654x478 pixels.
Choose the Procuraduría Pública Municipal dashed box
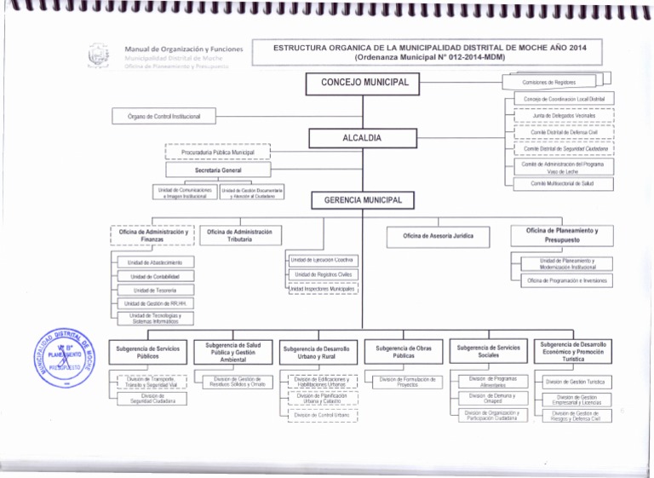click(217, 153)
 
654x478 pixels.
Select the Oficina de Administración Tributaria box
click(238, 236)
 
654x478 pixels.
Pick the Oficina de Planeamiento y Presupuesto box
click(561, 235)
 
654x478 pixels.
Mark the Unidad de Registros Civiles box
click(323, 274)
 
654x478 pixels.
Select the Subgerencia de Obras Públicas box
click(405, 352)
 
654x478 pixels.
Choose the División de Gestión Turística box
click(575, 382)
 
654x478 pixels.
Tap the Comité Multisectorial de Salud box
click(560, 183)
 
